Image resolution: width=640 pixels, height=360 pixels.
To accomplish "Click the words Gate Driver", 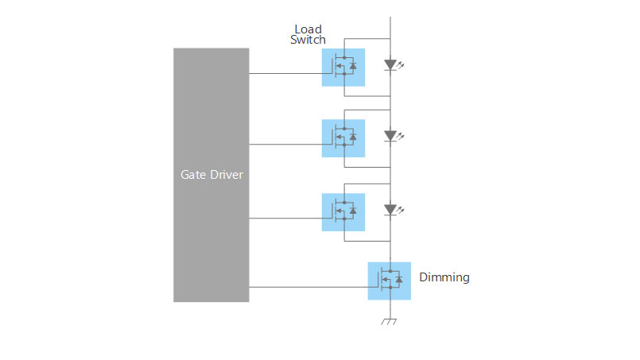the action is [211, 175].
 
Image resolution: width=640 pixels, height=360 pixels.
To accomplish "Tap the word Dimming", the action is [444, 277].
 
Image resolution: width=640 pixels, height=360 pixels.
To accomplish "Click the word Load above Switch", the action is [308, 29].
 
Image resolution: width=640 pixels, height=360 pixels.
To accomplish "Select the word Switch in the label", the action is [308, 40].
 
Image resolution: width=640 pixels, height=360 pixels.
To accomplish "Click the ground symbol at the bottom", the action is [389, 322].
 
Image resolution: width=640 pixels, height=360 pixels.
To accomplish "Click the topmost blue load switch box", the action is [343, 68].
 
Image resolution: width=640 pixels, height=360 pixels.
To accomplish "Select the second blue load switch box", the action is [343, 138].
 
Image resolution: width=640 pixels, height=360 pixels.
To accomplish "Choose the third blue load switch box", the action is [343, 212].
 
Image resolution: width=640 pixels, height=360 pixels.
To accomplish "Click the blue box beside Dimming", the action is [390, 281].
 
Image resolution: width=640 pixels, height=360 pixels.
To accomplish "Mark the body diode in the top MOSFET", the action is [353, 66].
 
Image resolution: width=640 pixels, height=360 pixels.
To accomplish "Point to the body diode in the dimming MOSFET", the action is [399, 279].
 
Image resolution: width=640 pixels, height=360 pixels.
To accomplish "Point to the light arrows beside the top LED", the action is [401, 64].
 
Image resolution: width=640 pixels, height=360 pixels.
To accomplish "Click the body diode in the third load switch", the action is [353, 211].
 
